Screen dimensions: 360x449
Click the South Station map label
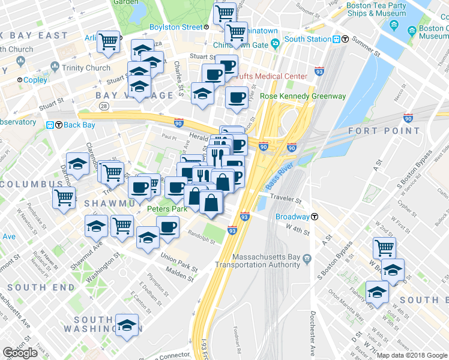[308, 39]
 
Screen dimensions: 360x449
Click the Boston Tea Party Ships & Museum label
[376, 9]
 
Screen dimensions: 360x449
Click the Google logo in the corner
[20, 353]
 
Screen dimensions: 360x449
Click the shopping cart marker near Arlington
[109, 43]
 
